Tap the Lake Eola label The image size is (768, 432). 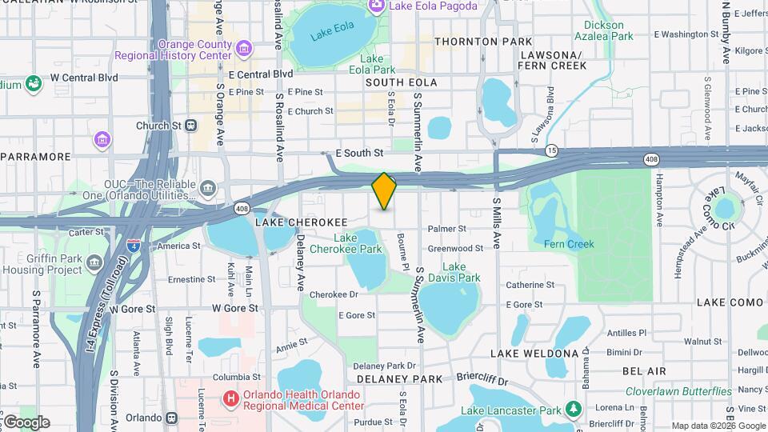[x=332, y=34]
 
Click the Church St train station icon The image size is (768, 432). [x=190, y=126]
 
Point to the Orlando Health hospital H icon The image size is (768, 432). [x=231, y=398]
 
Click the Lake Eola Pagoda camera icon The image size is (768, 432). [x=376, y=6]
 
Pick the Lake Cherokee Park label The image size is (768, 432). [x=357, y=243]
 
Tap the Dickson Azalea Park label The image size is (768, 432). [x=604, y=30]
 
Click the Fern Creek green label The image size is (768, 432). [x=569, y=244]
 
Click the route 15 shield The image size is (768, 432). [x=552, y=150]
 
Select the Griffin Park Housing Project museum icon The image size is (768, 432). [x=94, y=262]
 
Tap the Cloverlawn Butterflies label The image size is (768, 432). [x=678, y=391]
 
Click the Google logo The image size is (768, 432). [x=26, y=422]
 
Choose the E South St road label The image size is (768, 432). [x=359, y=152]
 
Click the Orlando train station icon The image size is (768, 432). [x=172, y=418]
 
